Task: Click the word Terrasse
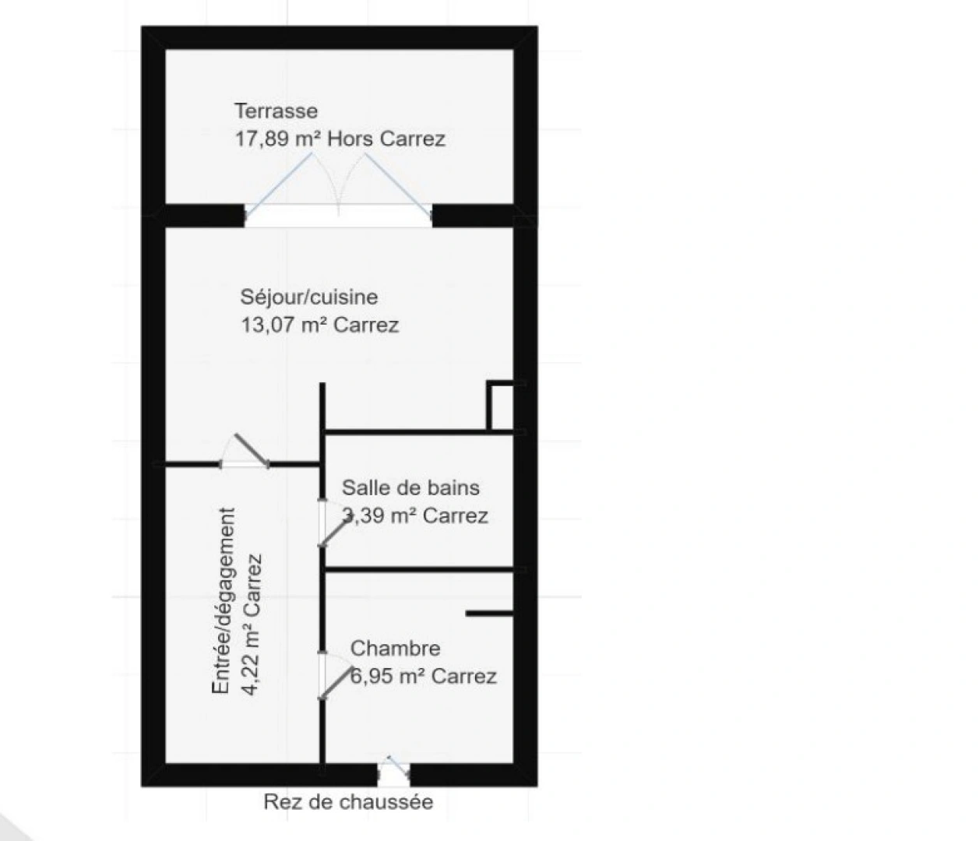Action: (x=276, y=111)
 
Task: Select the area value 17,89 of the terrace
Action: (x=262, y=139)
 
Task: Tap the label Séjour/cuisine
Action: (x=308, y=297)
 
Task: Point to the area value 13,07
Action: (x=268, y=325)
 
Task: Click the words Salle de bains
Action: (x=410, y=487)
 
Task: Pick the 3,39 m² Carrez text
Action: (x=415, y=516)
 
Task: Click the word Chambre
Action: (x=395, y=648)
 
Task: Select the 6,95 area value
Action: (x=372, y=676)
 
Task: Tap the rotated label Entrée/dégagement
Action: (x=223, y=601)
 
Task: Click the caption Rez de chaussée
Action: (x=348, y=802)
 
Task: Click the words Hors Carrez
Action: (x=386, y=139)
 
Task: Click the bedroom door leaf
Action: (x=336, y=682)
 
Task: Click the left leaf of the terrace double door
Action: (x=279, y=185)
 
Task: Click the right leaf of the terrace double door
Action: (x=398, y=185)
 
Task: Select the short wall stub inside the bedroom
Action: (x=490, y=614)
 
